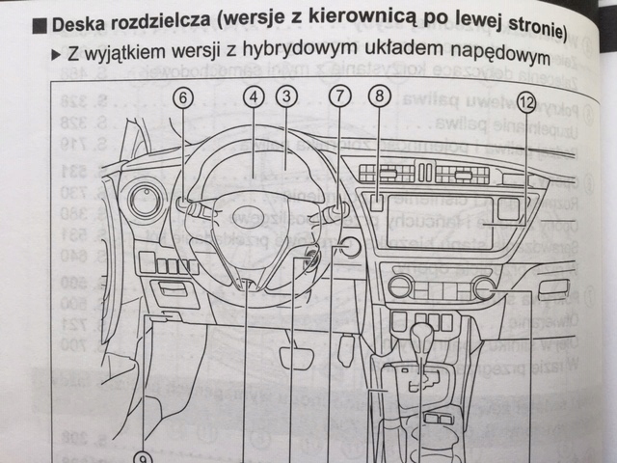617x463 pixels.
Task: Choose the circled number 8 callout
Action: click(x=380, y=95)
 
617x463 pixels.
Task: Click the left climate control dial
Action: click(x=400, y=286)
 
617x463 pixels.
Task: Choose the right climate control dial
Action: click(x=484, y=287)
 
